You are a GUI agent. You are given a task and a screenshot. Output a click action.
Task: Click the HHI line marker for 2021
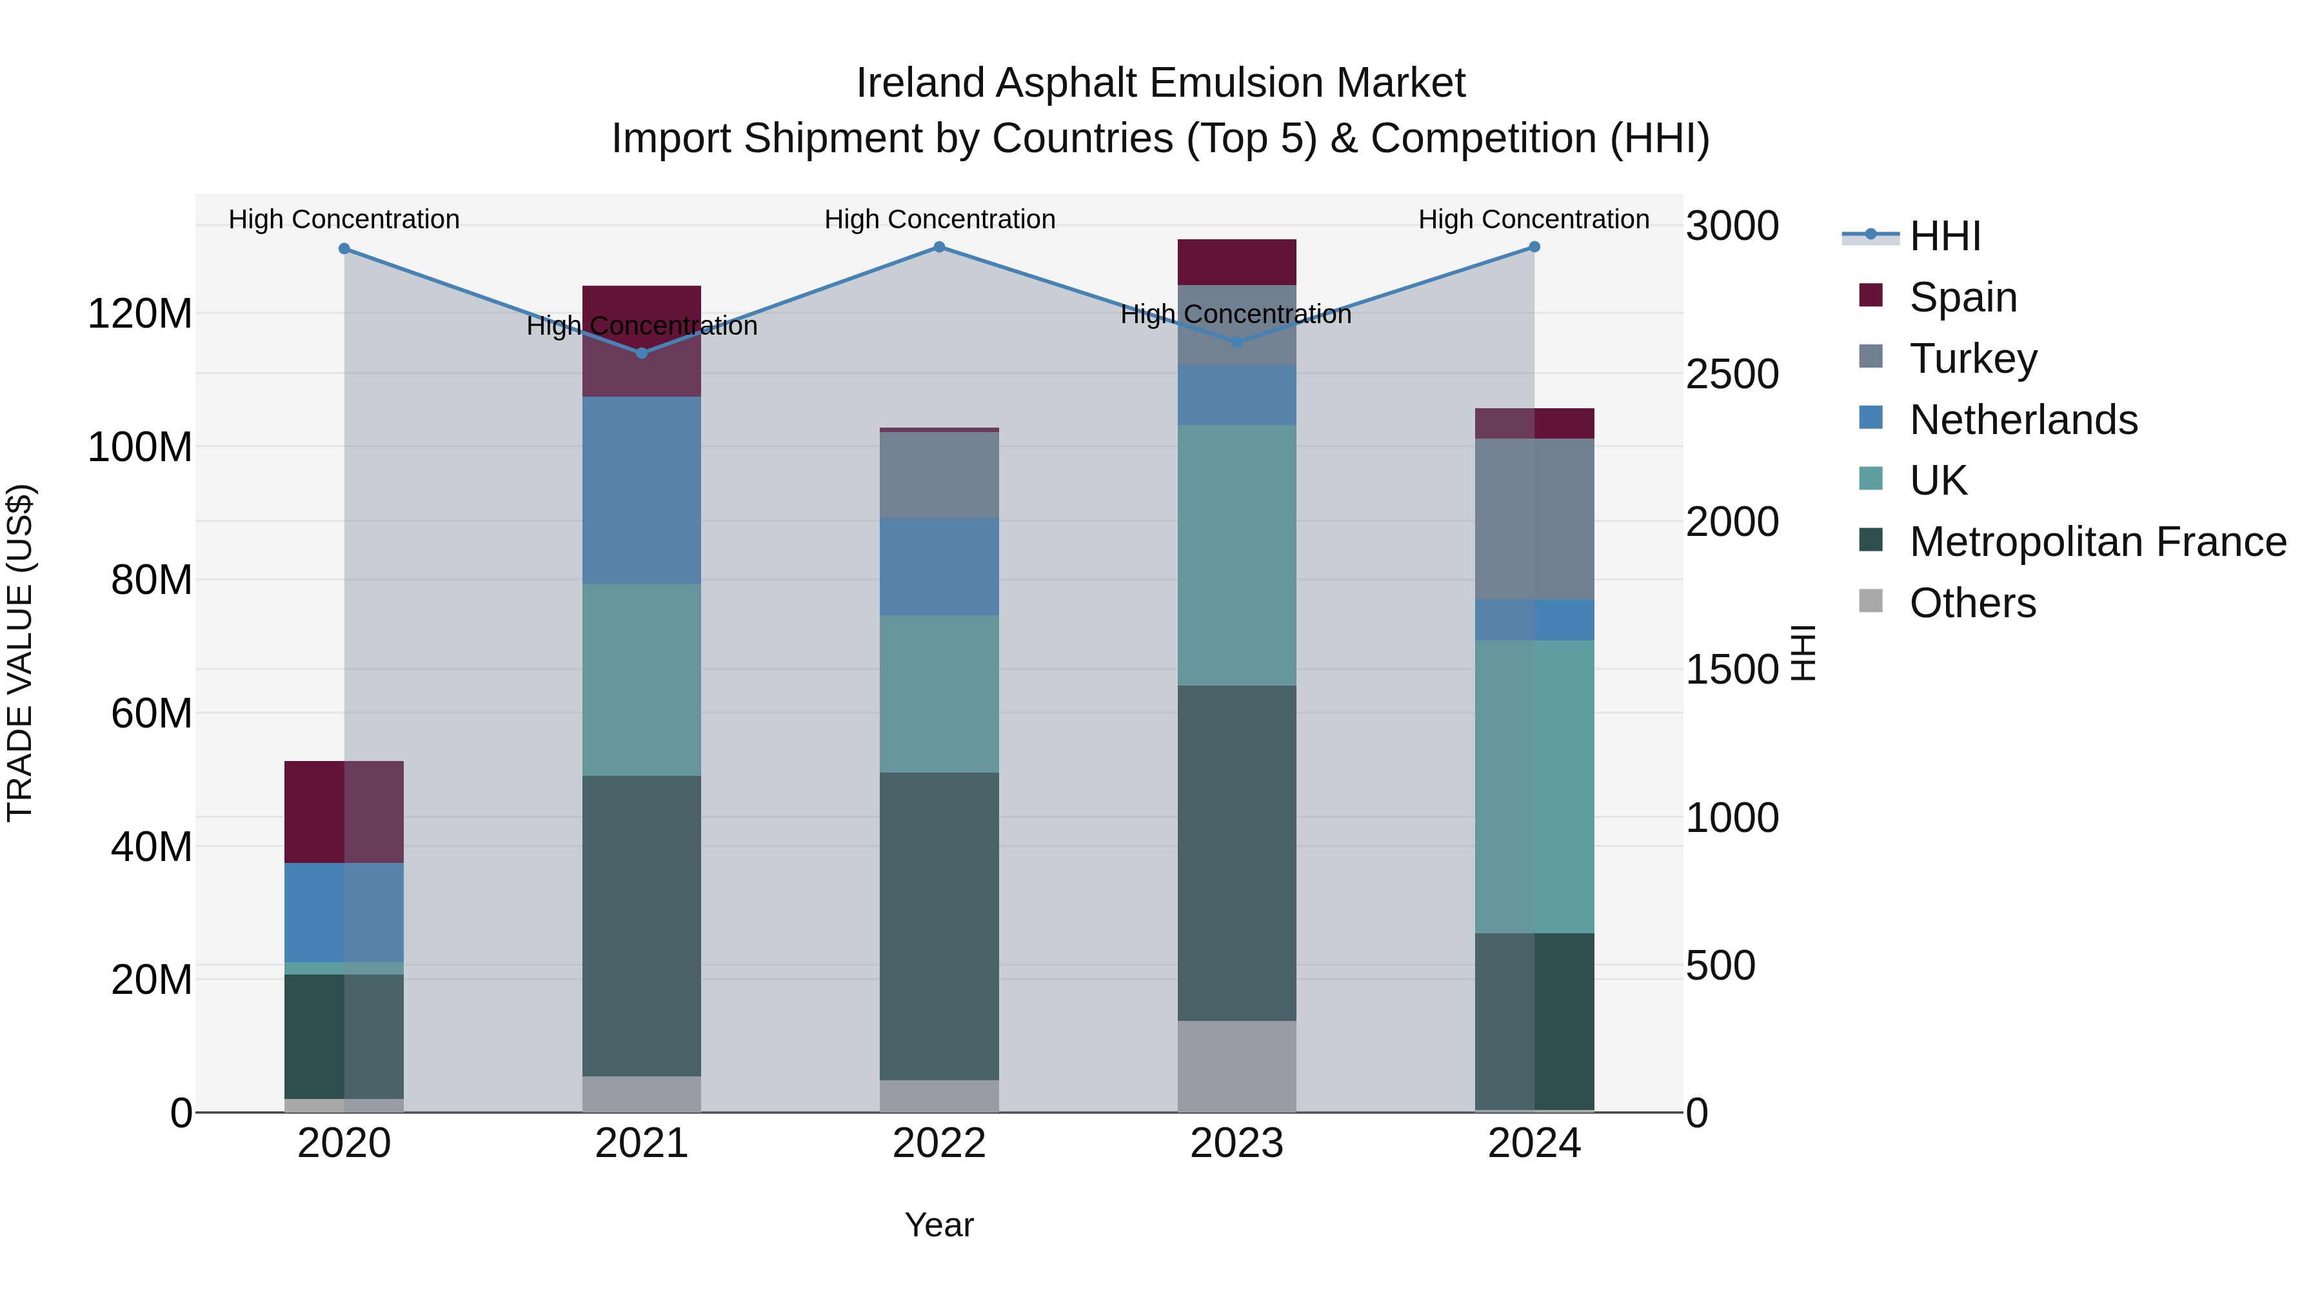click(642, 353)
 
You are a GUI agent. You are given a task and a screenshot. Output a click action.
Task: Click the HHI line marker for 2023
click(1236, 342)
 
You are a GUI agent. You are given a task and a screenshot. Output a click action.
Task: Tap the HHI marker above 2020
click(344, 249)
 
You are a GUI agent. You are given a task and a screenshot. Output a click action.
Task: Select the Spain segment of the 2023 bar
click(1236, 262)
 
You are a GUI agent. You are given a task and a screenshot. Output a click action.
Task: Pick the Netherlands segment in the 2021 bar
click(642, 490)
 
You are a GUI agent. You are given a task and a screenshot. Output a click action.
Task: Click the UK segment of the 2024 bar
click(1534, 786)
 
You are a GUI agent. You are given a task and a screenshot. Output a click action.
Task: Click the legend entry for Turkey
click(1973, 359)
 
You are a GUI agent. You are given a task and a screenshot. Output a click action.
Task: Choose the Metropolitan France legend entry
click(2098, 542)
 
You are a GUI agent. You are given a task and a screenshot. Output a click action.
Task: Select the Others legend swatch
click(1870, 601)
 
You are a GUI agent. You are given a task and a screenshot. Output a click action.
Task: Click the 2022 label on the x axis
click(939, 1143)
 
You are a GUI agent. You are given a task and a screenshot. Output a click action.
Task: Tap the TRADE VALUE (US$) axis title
click(20, 653)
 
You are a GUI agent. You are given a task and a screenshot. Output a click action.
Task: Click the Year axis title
click(939, 1225)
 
